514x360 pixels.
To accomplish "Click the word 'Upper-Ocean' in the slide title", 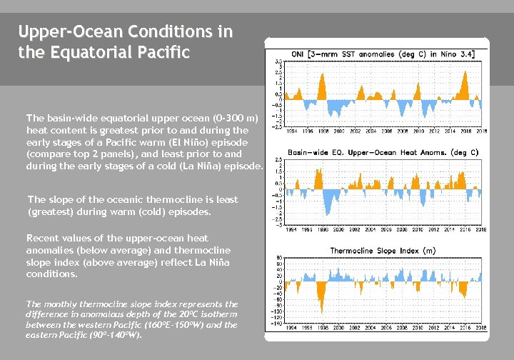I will (61, 32).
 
